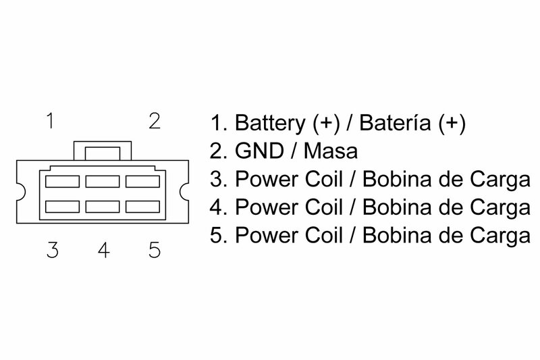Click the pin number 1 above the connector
click(x=50, y=122)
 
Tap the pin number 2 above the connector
click(x=154, y=122)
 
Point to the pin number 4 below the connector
click(x=103, y=251)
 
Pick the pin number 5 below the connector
click(x=154, y=251)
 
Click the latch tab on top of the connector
click(x=101, y=150)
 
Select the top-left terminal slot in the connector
click(x=61, y=181)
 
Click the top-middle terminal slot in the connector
click(x=102, y=181)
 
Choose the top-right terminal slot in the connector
click(x=142, y=181)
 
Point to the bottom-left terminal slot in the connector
click(x=61, y=204)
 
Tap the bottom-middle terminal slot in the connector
click(x=102, y=204)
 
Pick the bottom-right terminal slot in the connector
click(x=142, y=204)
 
